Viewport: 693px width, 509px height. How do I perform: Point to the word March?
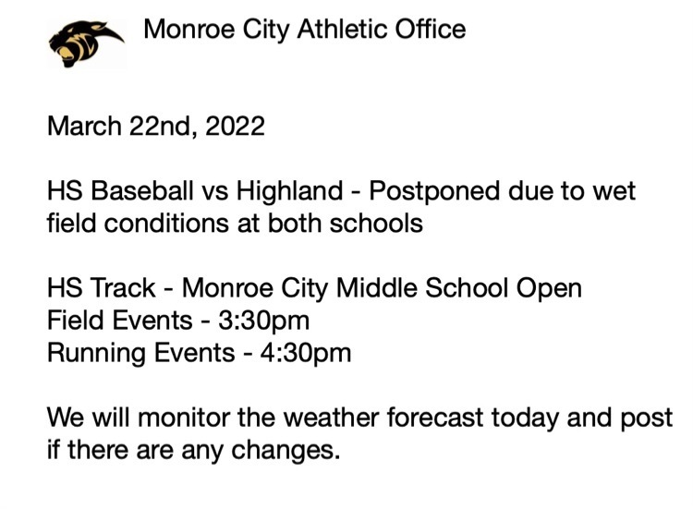(x=84, y=126)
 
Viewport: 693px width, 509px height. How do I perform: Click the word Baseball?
(x=142, y=191)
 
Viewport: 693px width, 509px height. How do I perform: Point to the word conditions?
(x=166, y=224)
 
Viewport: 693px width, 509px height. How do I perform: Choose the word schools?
(x=376, y=224)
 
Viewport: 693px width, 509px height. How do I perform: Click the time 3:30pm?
(x=264, y=321)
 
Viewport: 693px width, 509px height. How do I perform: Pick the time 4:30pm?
(x=306, y=354)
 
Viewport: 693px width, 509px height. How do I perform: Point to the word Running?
(x=96, y=354)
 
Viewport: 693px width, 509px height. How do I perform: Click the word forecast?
(x=435, y=418)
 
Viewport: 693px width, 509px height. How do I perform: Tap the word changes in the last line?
(x=286, y=451)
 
